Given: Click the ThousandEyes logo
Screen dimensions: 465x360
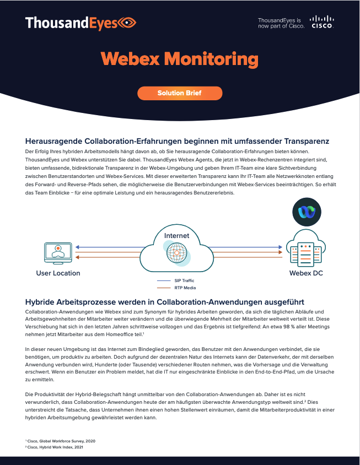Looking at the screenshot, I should (x=80, y=23).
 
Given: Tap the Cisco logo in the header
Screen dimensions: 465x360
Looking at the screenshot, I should (x=322, y=22).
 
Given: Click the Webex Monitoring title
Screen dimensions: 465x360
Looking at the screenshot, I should (x=180, y=58).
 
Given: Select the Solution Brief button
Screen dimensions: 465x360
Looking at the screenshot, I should (x=180, y=93).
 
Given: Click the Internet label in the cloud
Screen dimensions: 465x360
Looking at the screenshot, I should (x=176, y=235).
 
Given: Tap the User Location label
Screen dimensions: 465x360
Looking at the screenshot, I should (x=58, y=273).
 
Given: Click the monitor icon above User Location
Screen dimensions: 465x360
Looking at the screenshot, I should (x=58, y=252).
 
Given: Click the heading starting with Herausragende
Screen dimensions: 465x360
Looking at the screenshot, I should (x=178, y=141).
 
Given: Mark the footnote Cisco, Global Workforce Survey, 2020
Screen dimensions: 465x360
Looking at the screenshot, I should (x=61, y=441).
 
